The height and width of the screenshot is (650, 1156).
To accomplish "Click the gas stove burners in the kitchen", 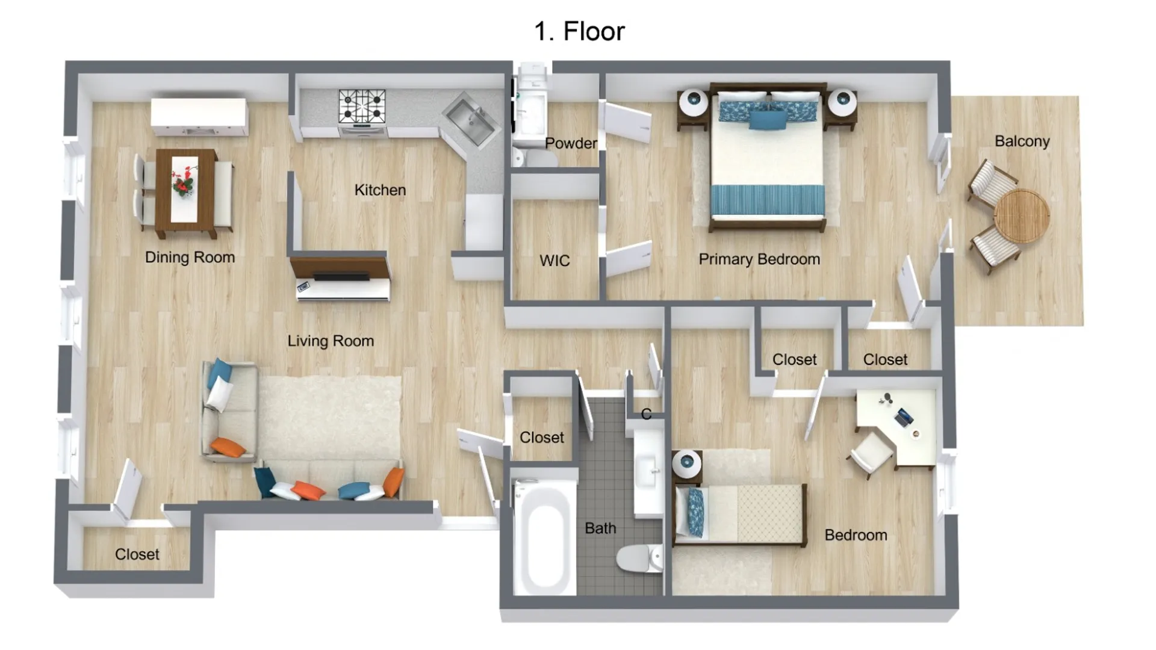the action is point(362,107).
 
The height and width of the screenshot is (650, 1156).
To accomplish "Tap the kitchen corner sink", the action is point(470,119).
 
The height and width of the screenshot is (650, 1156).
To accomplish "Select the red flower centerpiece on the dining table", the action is point(184,181).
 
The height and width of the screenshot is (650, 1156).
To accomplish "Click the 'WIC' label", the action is point(555,261).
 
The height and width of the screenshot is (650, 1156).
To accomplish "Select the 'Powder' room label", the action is point(571,143).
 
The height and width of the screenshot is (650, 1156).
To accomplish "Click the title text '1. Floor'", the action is point(579,31).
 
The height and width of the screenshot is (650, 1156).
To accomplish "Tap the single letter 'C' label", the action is point(646,414).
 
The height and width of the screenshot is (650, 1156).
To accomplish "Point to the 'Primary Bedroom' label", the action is point(759,259).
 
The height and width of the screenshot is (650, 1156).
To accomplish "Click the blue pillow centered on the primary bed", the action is point(768,120).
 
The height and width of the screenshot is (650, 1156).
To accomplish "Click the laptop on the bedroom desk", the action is point(903,417).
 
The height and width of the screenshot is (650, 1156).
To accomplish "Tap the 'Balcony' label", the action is point(1022,141).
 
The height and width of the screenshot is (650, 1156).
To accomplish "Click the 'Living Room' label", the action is point(331,341).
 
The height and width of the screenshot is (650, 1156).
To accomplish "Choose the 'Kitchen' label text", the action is point(380,190).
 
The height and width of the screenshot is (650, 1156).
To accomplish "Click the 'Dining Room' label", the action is point(190,258).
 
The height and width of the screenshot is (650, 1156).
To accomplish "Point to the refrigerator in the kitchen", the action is point(484,221).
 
